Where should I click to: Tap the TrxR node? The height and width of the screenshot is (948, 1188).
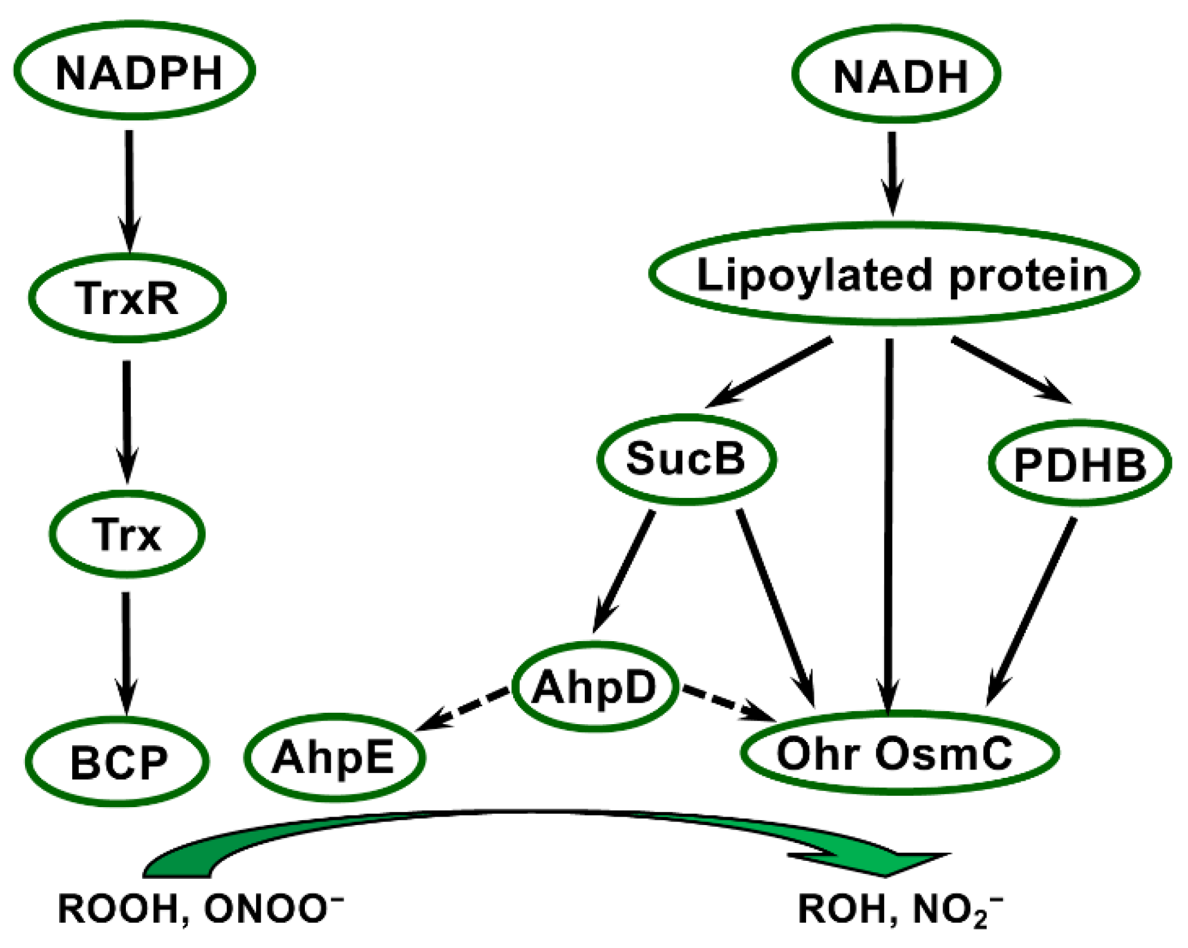point(127,297)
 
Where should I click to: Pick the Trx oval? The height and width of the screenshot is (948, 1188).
point(127,533)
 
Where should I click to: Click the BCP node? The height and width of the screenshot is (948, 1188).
point(118,761)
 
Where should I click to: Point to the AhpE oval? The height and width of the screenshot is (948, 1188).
point(334,757)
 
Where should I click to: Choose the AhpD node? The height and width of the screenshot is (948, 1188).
point(595,687)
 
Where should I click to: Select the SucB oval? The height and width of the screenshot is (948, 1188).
point(686,458)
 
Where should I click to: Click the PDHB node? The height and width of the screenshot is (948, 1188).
point(1080,463)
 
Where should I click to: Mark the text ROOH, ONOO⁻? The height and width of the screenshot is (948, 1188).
point(200,909)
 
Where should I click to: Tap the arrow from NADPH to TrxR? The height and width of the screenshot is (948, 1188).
point(129,191)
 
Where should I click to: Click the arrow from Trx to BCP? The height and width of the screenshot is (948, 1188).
point(126,654)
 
